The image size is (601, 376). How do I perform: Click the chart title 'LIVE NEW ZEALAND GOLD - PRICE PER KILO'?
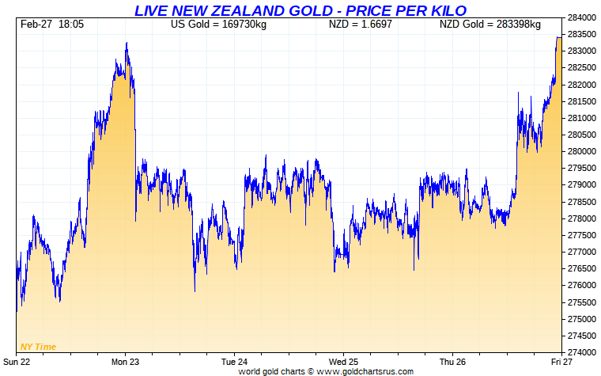pos(300,9)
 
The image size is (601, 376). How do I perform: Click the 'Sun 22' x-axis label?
pos(17,362)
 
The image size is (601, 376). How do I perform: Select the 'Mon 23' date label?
pos(125,362)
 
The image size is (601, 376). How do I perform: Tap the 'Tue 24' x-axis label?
pos(234,362)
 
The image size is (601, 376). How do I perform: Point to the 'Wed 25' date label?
pos(343,362)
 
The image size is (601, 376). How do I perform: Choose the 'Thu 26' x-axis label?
pos(452,362)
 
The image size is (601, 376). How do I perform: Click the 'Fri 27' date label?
pos(561,362)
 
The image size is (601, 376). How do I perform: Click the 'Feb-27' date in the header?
pos(36,25)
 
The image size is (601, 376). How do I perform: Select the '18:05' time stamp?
pos(71,25)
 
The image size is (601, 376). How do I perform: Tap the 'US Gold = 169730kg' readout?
pos(219,25)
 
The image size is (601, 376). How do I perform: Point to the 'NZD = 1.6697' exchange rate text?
pos(361,25)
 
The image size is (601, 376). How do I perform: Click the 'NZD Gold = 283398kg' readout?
pos(490,25)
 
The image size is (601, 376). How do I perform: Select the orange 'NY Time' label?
pos(37,347)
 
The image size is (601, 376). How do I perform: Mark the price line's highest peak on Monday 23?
pos(127,43)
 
